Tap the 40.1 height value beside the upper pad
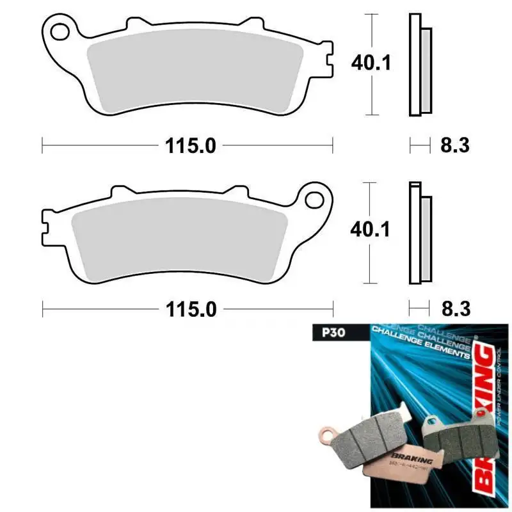tap(371, 63)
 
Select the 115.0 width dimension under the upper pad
tap(190, 147)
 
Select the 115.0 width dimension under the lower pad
tap(190, 310)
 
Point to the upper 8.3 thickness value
tap(455, 146)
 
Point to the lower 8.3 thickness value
tap(455, 310)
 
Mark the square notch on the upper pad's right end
tap(328, 61)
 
